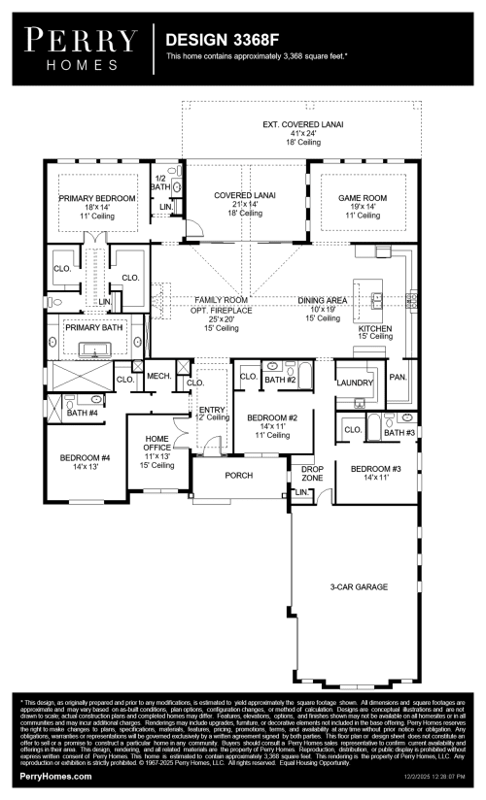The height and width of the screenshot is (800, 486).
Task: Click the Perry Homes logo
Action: click(80, 48)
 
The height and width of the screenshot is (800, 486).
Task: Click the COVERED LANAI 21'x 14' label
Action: click(245, 195)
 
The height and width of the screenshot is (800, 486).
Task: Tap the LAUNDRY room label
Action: click(355, 382)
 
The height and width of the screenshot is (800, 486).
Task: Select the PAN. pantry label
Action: click(398, 377)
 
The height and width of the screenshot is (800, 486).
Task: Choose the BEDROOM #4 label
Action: click(85, 457)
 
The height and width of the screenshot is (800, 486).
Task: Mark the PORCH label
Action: click(239, 476)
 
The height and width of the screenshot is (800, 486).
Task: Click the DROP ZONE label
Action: click(312, 475)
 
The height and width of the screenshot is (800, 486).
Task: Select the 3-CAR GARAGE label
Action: click(359, 587)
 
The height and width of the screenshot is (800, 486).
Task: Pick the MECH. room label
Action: click(159, 376)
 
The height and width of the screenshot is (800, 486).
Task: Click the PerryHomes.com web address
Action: click(56, 777)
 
